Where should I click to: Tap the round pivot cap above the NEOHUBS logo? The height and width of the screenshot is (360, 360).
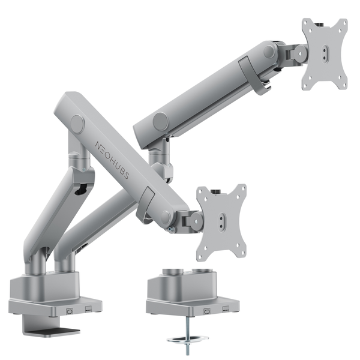tap(77, 124)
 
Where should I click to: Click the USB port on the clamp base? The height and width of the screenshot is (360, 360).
tap(69, 310)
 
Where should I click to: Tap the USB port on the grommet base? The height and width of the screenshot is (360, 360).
tap(208, 311)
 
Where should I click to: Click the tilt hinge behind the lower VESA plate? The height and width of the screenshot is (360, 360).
tap(191, 221)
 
